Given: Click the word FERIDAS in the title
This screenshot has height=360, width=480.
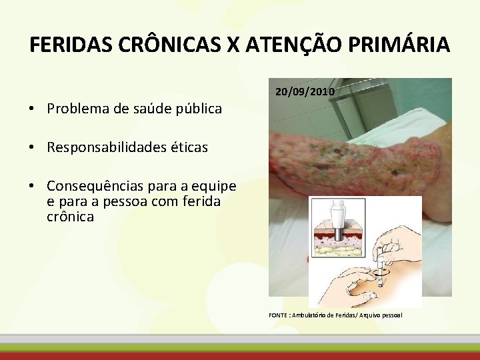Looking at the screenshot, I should pos(71,45).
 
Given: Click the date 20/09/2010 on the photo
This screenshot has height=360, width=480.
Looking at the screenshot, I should pos(305,91).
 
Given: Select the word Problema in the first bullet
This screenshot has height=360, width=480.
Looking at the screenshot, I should pos(75,109).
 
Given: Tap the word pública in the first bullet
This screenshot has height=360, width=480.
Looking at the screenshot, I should pos(198,109).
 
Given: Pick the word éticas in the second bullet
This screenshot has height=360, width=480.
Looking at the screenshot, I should pos(189,147).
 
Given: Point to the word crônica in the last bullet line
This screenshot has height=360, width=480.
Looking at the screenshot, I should pos(70,217).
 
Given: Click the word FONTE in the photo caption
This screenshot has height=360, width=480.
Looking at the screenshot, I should pos(277,314).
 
